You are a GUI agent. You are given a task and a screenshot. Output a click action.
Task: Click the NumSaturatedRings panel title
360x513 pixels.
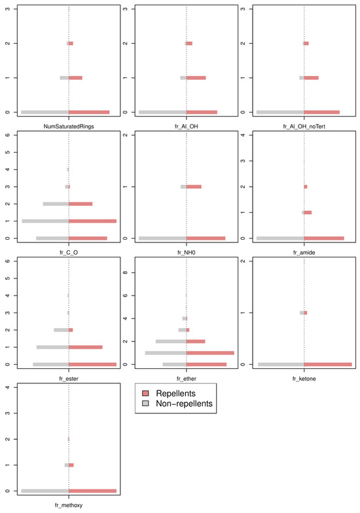pos(69,125)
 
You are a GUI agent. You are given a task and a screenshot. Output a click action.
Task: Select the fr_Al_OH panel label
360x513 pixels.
pos(186,125)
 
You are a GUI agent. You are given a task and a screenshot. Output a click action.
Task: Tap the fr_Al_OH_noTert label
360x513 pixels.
pos(304,125)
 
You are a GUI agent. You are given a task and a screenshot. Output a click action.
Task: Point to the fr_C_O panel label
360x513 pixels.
pos(69,252)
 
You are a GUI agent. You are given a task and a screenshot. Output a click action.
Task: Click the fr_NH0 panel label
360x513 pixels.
pos(186,252)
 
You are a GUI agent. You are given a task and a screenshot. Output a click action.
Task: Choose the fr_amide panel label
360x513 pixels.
pos(304,252)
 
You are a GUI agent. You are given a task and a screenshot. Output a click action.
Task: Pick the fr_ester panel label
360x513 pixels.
pos(69,378)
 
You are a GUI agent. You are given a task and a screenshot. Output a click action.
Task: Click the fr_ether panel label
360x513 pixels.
pos(186,378)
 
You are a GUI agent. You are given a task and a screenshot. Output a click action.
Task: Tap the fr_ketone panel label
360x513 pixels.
pos(304,378)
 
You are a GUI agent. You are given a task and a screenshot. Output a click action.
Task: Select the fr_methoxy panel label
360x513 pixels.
pos(69,504)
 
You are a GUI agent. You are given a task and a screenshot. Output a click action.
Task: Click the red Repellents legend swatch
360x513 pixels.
pos(146,392)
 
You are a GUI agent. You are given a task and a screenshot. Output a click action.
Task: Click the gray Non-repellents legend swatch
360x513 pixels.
pos(146,404)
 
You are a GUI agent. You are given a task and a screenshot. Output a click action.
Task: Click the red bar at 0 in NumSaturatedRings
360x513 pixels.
pos(89,112)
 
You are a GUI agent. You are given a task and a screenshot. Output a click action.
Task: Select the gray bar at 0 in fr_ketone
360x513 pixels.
pos(281,364)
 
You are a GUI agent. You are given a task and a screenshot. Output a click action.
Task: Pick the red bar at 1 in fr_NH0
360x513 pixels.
pos(194,187)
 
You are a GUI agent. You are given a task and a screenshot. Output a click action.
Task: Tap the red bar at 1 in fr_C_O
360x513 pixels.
pos(92,221)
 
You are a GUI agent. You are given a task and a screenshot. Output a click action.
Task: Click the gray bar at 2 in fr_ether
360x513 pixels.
pos(171,341)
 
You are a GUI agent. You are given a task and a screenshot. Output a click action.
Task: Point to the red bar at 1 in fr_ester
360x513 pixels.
pos(86,347)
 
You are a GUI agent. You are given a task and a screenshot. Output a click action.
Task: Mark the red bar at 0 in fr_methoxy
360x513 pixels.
pos(92,491)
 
